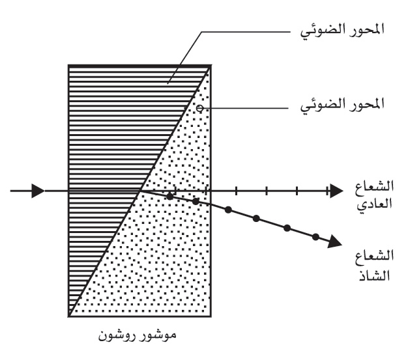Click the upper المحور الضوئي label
(342, 31)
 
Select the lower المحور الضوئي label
(342, 106)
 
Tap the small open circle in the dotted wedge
(199, 108)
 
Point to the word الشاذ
(374, 275)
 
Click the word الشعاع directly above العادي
(374, 186)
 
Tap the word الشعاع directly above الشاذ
(374, 256)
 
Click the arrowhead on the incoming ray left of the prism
(38, 191)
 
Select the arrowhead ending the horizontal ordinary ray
(336, 191)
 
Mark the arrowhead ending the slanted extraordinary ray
(334, 242)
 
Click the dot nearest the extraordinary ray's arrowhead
(315, 237)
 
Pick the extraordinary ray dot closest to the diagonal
(169, 197)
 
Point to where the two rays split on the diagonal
(141, 191)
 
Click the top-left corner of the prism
(68, 66)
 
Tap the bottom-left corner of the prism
(68, 316)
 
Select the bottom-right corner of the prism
(211, 316)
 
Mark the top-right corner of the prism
(211, 66)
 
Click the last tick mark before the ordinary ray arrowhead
(327, 191)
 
